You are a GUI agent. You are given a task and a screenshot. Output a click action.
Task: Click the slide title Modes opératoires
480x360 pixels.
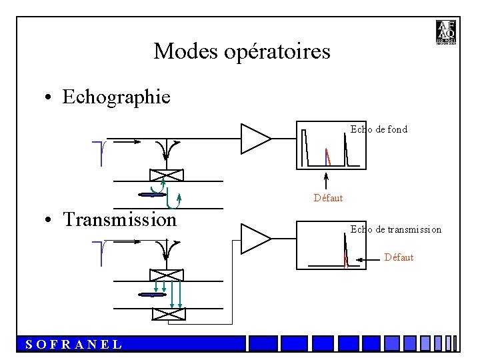[241, 51]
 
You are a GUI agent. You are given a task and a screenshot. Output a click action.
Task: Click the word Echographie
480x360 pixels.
[116, 97]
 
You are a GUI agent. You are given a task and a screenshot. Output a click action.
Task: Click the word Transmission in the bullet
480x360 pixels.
[119, 219]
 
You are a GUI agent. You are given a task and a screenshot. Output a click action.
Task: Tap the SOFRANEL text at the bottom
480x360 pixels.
[73, 345]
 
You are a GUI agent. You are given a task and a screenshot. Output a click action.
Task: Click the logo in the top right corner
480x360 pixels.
[445, 33]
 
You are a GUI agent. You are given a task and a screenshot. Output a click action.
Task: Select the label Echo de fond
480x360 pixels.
[379, 129]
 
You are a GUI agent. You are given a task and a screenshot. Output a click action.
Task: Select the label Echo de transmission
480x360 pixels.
[396, 229]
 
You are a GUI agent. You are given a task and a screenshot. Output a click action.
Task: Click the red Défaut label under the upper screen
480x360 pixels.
[328, 198]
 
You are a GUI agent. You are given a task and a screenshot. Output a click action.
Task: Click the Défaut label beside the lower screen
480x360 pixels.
[399, 257]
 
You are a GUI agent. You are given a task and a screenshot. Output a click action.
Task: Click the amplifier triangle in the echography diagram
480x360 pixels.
[254, 139]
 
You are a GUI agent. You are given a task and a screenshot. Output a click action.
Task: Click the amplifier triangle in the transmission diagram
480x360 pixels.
[254, 239]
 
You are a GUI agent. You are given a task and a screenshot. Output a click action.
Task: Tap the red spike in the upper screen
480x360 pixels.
[327, 156]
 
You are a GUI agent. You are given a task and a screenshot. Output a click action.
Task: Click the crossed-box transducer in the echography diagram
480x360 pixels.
[166, 176]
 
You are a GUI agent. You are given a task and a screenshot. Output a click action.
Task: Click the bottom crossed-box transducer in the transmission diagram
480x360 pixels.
[168, 314]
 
